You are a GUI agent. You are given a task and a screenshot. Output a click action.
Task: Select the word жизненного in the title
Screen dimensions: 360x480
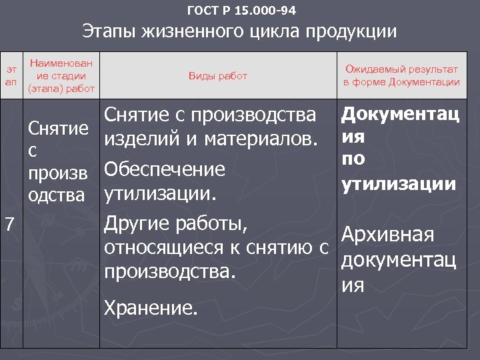[188, 32]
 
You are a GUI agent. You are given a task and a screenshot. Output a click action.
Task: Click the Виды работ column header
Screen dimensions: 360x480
[218, 76]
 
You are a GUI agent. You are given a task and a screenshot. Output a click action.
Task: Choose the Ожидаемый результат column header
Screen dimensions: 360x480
[401, 69]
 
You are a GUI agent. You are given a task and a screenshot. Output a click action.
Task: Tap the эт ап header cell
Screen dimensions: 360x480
[11, 75]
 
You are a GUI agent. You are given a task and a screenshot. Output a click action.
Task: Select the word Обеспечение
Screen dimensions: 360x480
[165, 169]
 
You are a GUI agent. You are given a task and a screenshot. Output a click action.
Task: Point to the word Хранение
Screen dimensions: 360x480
[151, 308]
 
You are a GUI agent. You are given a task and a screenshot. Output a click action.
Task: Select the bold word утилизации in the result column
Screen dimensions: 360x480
[399, 182]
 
